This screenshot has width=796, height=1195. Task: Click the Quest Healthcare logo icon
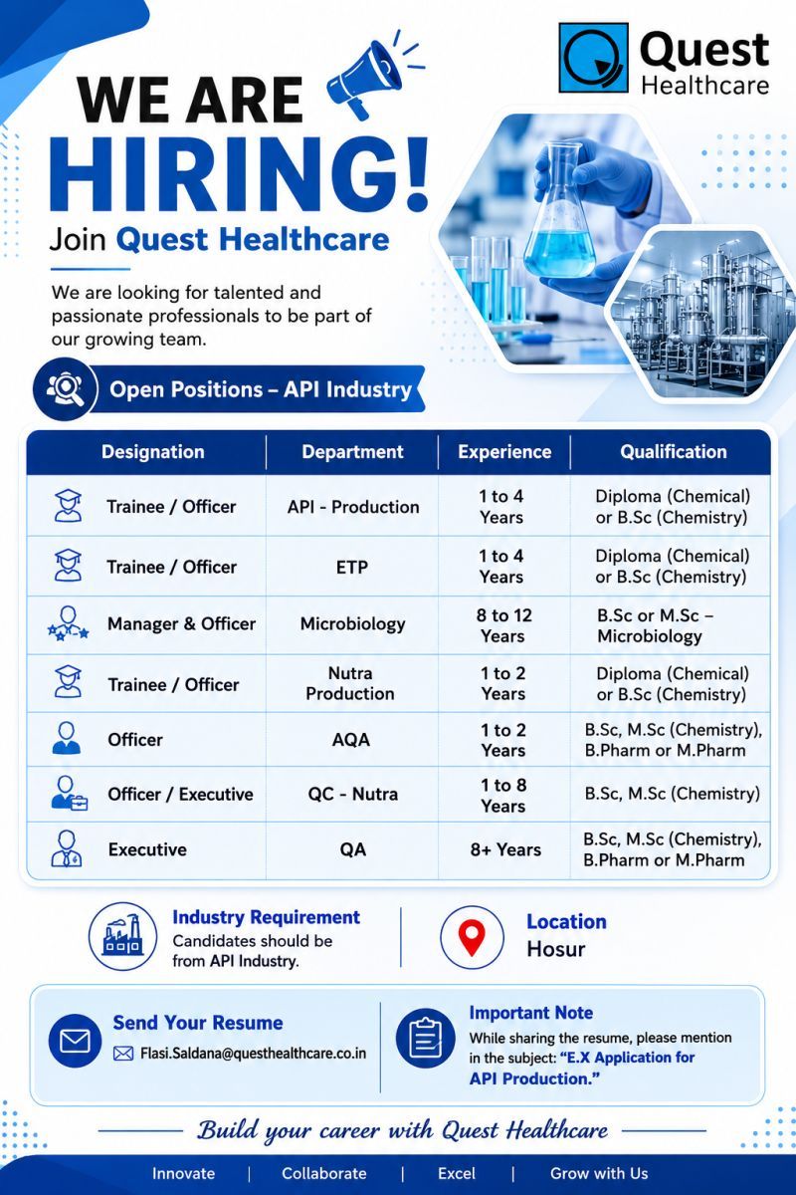pos(593,58)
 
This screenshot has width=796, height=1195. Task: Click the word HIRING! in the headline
pos(239,174)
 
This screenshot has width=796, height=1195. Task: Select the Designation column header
pos(153,452)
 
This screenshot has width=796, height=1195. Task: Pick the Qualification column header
pos(674,452)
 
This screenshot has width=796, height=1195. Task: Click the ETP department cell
pos(352,567)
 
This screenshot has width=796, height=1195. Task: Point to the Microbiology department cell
pos(352,624)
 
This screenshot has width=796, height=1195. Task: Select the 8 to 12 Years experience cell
pos(503,625)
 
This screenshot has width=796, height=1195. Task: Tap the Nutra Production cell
pos(350,683)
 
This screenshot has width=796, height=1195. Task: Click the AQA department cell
pos(351,739)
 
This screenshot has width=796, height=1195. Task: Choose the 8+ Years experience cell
pos(505,849)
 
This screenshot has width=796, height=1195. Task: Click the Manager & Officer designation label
pos(181,623)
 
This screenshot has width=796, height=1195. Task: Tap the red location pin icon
pos(472,938)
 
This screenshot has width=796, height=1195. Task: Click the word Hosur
pos(556,949)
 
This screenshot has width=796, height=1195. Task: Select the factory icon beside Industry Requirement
pos(123,937)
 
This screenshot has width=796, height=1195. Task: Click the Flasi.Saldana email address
pos(254,1054)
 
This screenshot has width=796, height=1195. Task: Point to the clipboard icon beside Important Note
pos(426,1038)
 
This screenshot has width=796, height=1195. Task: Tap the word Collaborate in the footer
pos(324,1173)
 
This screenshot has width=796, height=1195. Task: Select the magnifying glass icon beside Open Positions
pos(66,389)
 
